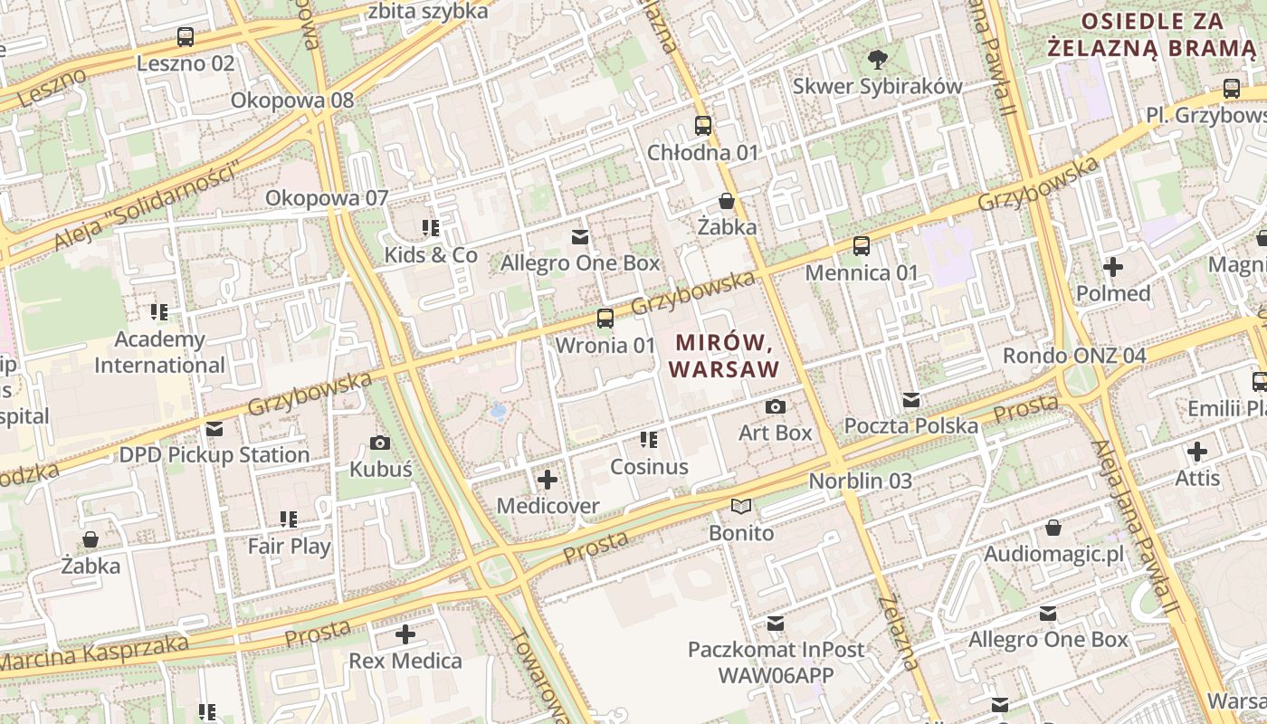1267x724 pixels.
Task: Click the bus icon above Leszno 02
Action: point(186,37)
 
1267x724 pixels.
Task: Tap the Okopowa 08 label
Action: point(292,100)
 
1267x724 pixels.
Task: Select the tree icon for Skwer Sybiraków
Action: point(877,61)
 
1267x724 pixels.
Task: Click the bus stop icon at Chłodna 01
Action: point(703,126)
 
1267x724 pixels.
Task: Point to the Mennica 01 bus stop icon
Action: point(862,246)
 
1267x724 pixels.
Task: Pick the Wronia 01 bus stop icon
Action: point(605,319)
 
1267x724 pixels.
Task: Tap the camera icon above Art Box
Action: point(776,407)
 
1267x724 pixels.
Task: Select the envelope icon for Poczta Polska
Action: point(911,400)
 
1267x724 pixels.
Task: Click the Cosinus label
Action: point(649,467)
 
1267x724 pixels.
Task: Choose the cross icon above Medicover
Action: point(548,480)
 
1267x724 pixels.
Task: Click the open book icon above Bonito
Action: point(741,507)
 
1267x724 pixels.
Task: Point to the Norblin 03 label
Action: point(860,481)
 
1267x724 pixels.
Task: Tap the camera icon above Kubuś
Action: point(381,443)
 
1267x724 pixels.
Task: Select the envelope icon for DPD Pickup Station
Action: point(214,429)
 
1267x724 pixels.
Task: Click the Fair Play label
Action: point(289,547)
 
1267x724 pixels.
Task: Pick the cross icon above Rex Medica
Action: point(405,634)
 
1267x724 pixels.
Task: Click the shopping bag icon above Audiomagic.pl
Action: point(1053,528)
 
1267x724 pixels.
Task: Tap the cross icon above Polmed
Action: point(1113,267)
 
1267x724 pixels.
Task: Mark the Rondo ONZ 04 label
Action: point(1074,356)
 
